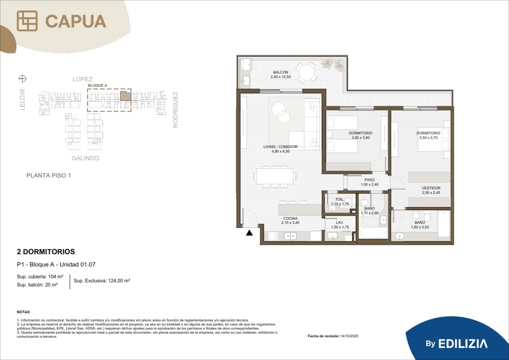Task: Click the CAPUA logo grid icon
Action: (27, 21)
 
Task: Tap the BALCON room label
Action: (280, 72)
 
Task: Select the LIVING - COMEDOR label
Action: (280, 147)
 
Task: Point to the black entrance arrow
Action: (250, 232)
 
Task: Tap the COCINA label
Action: (290, 218)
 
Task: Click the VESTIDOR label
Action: (431, 188)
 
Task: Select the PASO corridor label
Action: (369, 180)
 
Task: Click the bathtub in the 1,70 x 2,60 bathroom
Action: (374, 233)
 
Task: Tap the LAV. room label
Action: (339, 222)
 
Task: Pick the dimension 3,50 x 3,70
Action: (429, 138)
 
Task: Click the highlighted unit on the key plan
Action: (126, 96)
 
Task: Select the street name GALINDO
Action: (85, 158)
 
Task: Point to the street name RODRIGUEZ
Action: (175, 110)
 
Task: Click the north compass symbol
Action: (22, 78)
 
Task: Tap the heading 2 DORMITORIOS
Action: (46, 252)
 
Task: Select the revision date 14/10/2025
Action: (349, 336)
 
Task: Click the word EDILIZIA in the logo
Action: (463, 344)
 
